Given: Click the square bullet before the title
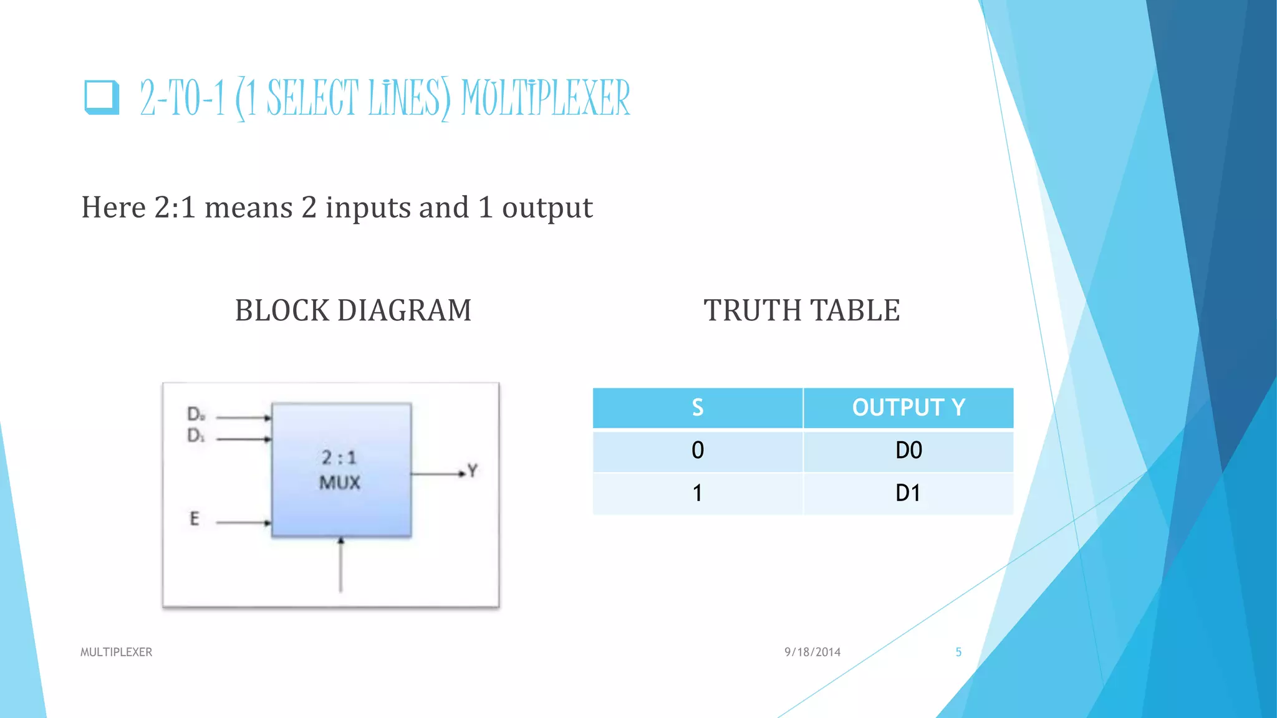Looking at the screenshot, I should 102,97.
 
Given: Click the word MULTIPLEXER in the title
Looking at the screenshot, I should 546,98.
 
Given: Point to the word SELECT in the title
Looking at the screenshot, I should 313,98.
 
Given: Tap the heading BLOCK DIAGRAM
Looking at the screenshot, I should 353,310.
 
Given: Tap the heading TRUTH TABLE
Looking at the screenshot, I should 802,310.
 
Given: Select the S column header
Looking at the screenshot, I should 697,408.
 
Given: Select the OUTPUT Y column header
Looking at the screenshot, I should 908,408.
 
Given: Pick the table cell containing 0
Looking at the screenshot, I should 697,451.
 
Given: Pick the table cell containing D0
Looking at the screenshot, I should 908,451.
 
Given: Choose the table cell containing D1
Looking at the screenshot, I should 908,493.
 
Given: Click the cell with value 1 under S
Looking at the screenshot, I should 697,493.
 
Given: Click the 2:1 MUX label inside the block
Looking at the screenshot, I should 340,470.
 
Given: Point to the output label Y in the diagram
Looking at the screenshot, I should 473,471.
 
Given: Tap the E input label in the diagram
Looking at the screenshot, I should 195,519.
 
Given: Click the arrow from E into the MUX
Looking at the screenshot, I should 243,523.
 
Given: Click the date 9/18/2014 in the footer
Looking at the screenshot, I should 812,652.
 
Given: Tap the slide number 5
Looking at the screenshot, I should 958,652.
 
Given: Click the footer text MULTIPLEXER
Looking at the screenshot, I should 116,652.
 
